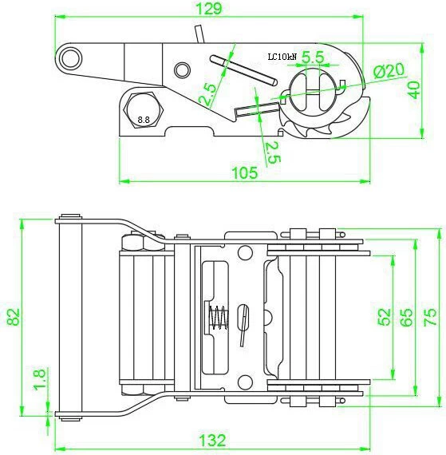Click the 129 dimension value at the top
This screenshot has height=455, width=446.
click(x=209, y=9)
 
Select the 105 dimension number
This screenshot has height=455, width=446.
click(x=245, y=172)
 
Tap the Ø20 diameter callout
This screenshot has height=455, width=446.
click(x=389, y=70)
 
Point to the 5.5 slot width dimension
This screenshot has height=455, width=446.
click(x=313, y=57)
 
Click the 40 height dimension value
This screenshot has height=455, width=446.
click(x=413, y=90)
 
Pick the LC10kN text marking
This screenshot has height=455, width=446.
click(x=282, y=57)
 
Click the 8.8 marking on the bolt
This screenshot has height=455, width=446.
click(x=144, y=119)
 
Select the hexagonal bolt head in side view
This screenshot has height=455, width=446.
click(x=144, y=110)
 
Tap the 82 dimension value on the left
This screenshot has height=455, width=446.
click(x=14, y=317)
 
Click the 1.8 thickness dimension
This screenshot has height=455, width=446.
click(x=40, y=380)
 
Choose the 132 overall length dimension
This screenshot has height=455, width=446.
click(x=212, y=440)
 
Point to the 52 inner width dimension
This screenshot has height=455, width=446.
click(x=385, y=317)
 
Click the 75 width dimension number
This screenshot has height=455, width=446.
click(x=430, y=317)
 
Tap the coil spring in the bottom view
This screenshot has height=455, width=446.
click(x=219, y=318)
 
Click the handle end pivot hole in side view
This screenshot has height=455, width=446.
click(x=70, y=58)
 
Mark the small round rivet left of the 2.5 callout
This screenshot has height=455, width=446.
click(x=183, y=69)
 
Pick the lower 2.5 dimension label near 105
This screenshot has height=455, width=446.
click(x=273, y=152)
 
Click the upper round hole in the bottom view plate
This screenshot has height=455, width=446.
click(x=245, y=252)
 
